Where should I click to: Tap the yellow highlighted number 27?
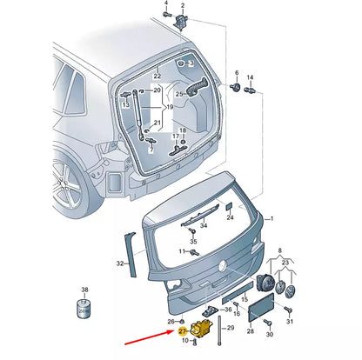184,331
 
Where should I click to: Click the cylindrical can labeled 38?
84,307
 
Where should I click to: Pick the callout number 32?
120,262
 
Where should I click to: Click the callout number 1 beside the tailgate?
271,219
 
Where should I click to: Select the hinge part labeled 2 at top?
181,20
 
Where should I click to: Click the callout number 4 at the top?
165,3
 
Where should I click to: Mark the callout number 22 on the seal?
158,77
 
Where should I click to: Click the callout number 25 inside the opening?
180,93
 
